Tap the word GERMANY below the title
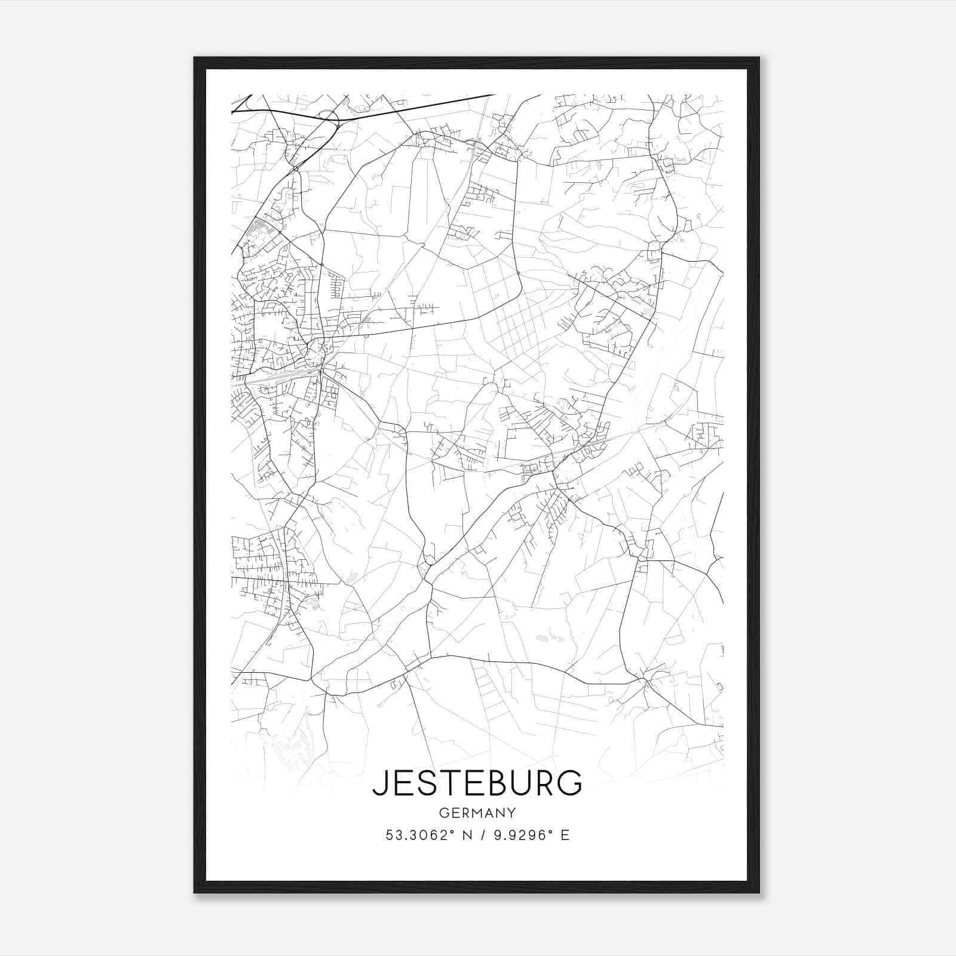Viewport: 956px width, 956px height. click(477, 813)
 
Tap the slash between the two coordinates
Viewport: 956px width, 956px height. click(482, 835)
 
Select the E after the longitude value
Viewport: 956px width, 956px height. click(565, 835)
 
